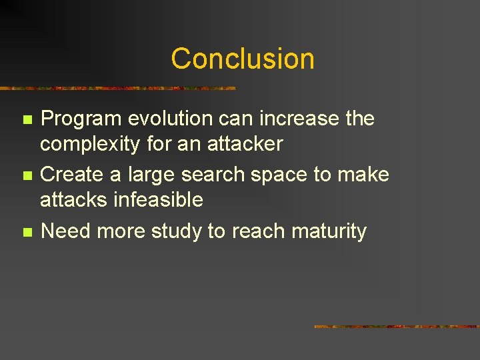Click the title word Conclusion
242,59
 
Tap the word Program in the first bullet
80,119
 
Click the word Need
65,231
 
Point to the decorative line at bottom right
396,327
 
